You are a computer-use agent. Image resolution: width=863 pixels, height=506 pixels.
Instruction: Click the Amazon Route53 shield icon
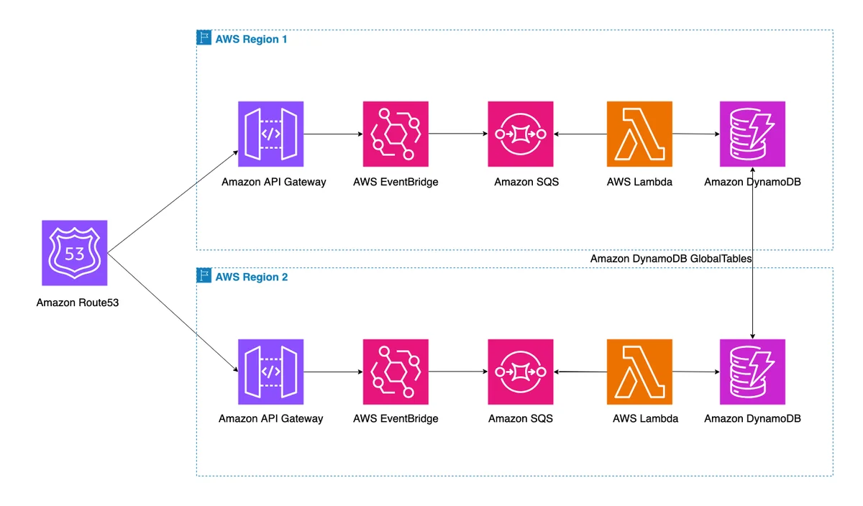coord(74,252)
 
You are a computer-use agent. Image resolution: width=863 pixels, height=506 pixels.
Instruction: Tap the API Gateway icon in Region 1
coord(270,134)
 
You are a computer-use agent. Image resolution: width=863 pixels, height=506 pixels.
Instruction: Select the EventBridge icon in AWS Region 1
coord(396,134)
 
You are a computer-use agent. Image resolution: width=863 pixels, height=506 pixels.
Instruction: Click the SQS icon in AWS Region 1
coord(521,134)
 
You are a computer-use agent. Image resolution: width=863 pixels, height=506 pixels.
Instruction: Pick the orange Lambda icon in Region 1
coord(639,134)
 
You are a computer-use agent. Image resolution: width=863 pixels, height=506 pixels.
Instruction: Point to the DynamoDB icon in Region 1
coord(752,134)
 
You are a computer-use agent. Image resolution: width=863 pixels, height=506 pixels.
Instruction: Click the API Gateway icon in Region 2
coord(270,372)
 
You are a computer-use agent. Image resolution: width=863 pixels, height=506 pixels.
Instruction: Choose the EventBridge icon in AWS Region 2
coord(396,372)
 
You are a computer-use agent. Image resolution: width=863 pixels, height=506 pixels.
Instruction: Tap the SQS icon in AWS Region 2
coord(521,372)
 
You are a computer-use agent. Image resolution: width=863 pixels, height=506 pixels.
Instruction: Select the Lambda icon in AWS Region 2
coord(639,372)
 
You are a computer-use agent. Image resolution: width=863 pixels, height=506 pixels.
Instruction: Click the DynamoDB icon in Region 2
coord(752,372)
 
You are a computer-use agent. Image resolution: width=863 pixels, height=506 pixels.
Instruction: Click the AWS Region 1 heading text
coord(251,40)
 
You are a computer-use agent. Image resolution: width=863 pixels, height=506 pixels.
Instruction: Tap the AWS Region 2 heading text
coord(252,277)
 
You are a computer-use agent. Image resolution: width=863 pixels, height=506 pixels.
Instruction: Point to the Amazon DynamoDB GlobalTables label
coord(671,259)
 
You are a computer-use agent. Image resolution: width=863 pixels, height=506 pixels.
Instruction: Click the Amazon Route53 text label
coord(78,303)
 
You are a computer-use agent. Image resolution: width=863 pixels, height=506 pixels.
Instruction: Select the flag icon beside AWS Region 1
coord(204,37)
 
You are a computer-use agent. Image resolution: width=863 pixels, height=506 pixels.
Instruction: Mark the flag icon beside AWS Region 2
coord(204,275)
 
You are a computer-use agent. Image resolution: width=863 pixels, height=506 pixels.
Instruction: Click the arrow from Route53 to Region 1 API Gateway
coord(173,202)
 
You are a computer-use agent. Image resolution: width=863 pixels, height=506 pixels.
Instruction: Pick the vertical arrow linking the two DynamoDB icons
coord(752,253)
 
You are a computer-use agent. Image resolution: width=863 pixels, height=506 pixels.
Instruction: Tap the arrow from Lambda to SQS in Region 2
coord(580,372)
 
